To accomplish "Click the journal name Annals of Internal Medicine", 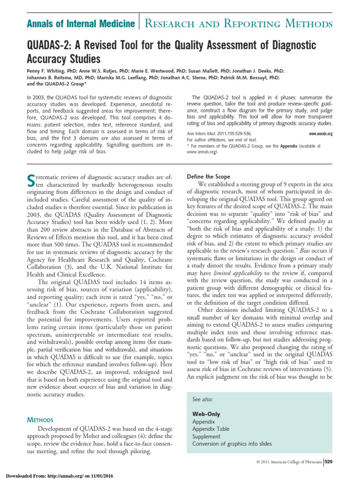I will [x=77, y=23].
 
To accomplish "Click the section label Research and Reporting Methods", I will [x=238, y=23].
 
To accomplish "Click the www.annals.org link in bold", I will [x=321, y=134].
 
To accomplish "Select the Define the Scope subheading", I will [x=208, y=177].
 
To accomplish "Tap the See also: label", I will [x=203, y=399].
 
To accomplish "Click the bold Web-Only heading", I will [x=206, y=414].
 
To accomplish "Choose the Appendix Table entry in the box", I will [x=211, y=429].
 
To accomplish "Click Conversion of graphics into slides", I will [x=232, y=444].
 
